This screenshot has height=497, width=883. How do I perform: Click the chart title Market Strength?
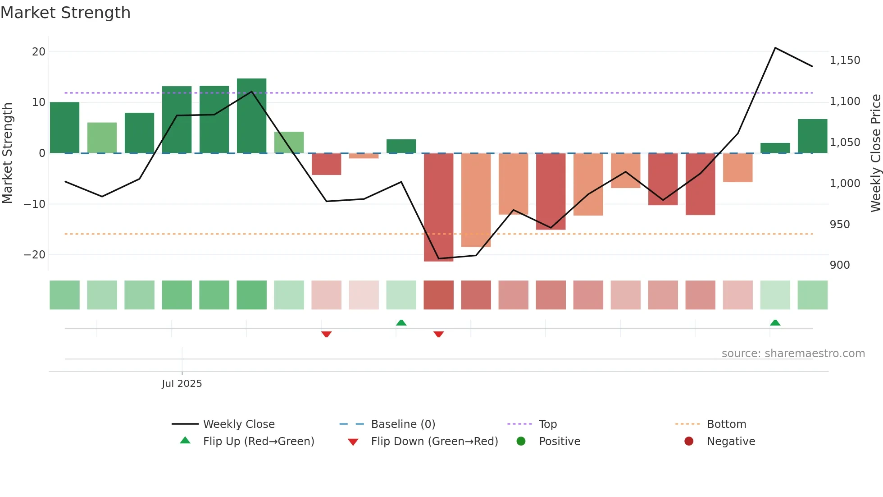click(65, 13)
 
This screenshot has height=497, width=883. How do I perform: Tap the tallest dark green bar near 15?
click(251, 115)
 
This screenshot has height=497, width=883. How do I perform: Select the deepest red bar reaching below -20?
click(438, 207)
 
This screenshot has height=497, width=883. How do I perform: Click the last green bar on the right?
click(812, 136)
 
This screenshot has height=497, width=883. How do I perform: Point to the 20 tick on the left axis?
click(39, 51)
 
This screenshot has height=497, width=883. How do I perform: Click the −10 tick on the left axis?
click(35, 204)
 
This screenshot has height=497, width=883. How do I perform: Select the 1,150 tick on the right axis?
click(845, 60)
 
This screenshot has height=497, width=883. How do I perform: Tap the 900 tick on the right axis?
click(840, 265)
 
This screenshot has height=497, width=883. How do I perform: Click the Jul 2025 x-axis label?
click(182, 383)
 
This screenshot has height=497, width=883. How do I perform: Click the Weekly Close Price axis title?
click(875, 153)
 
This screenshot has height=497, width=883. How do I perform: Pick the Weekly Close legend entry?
click(238, 424)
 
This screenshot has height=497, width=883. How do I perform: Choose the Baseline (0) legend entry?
click(403, 424)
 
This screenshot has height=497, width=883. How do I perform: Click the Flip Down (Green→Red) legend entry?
click(434, 441)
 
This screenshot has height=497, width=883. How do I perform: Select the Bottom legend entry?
click(726, 424)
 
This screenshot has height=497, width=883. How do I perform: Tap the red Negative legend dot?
click(688, 441)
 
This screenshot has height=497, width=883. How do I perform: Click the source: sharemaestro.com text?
click(793, 353)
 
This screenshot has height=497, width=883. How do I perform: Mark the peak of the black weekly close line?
click(775, 48)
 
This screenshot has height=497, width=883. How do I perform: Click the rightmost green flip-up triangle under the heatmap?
click(775, 322)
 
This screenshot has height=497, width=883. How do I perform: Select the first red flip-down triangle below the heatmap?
click(326, 334)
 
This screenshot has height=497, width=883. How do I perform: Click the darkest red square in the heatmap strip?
click(438, 295)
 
